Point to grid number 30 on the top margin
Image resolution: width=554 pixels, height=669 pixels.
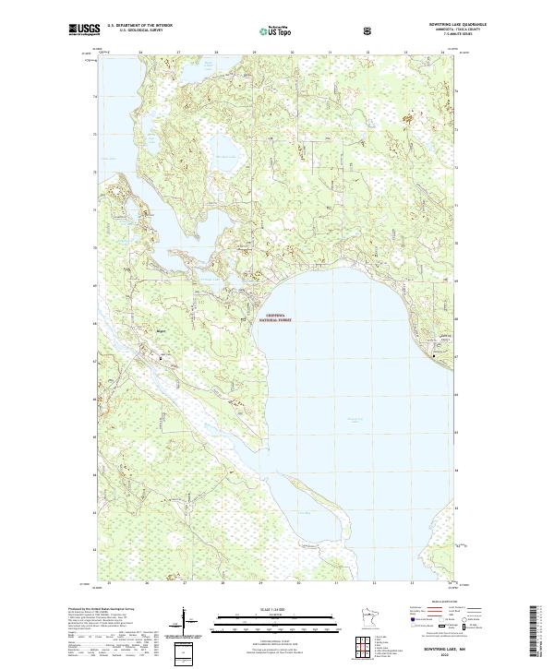[x=292, y=54]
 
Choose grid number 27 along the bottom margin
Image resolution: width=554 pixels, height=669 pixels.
[x=184, y=583]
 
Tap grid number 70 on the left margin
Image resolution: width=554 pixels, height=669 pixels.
[x=93, y=248]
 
